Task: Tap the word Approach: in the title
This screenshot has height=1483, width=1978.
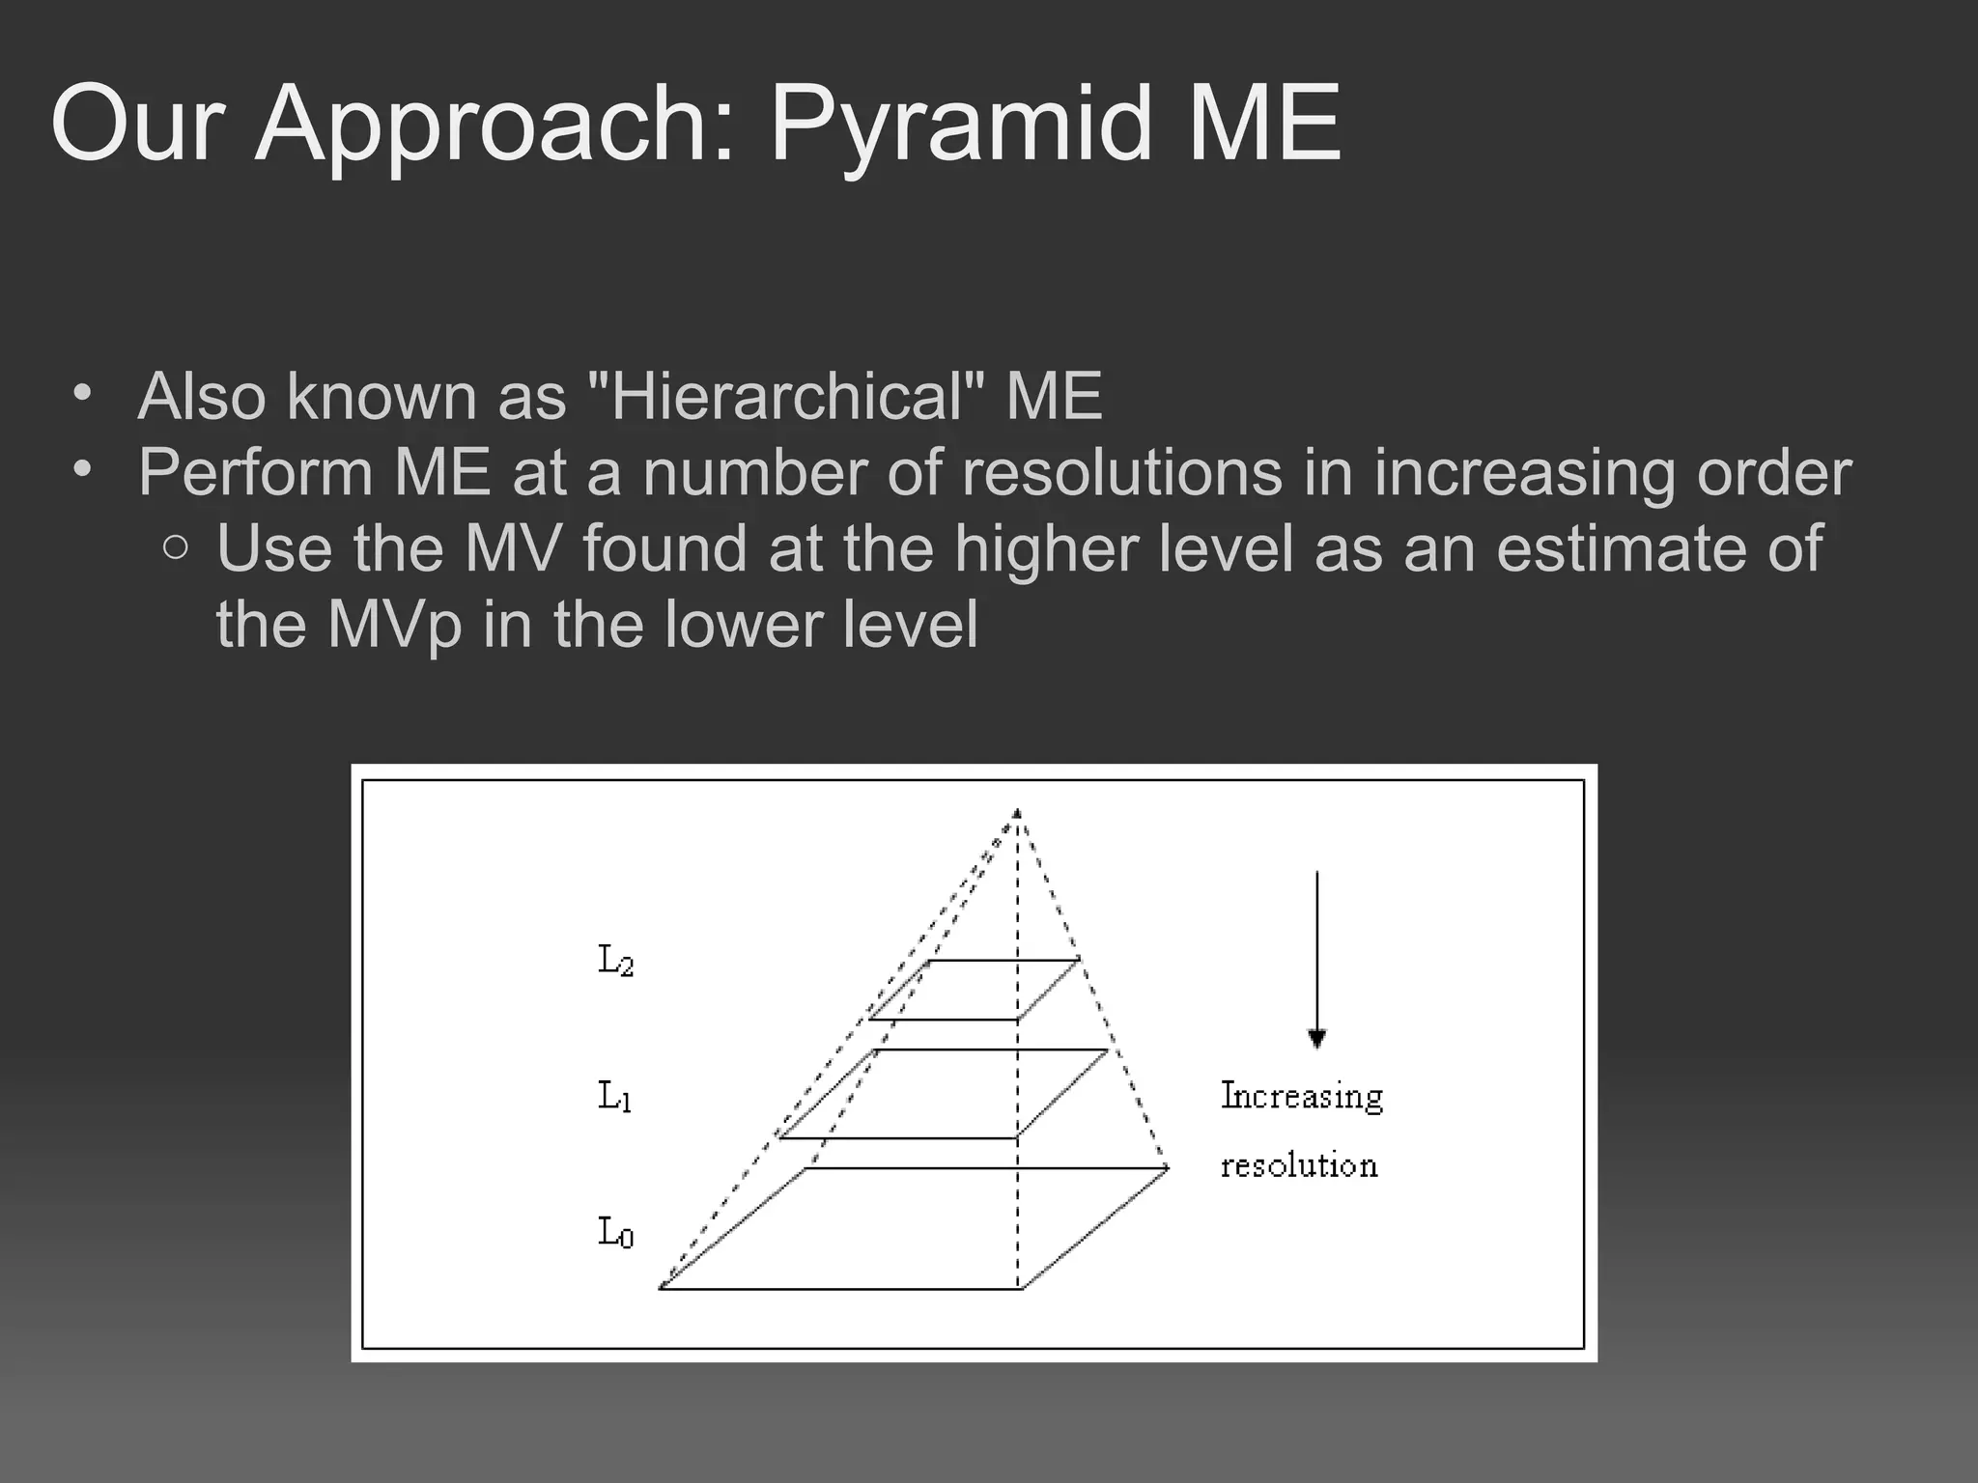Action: tap(502, 126)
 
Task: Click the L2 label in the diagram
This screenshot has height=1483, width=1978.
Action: tap(616, 961)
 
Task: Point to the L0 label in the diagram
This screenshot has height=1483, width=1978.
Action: tap(616, 1233)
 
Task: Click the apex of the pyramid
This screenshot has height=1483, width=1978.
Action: tap(1017, 813)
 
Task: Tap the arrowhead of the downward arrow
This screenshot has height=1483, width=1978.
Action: tap(1316, 1039)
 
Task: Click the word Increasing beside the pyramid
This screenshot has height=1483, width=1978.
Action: tap(1302, 1097)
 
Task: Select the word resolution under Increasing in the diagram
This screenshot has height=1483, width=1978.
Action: tap(1299, 1166)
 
